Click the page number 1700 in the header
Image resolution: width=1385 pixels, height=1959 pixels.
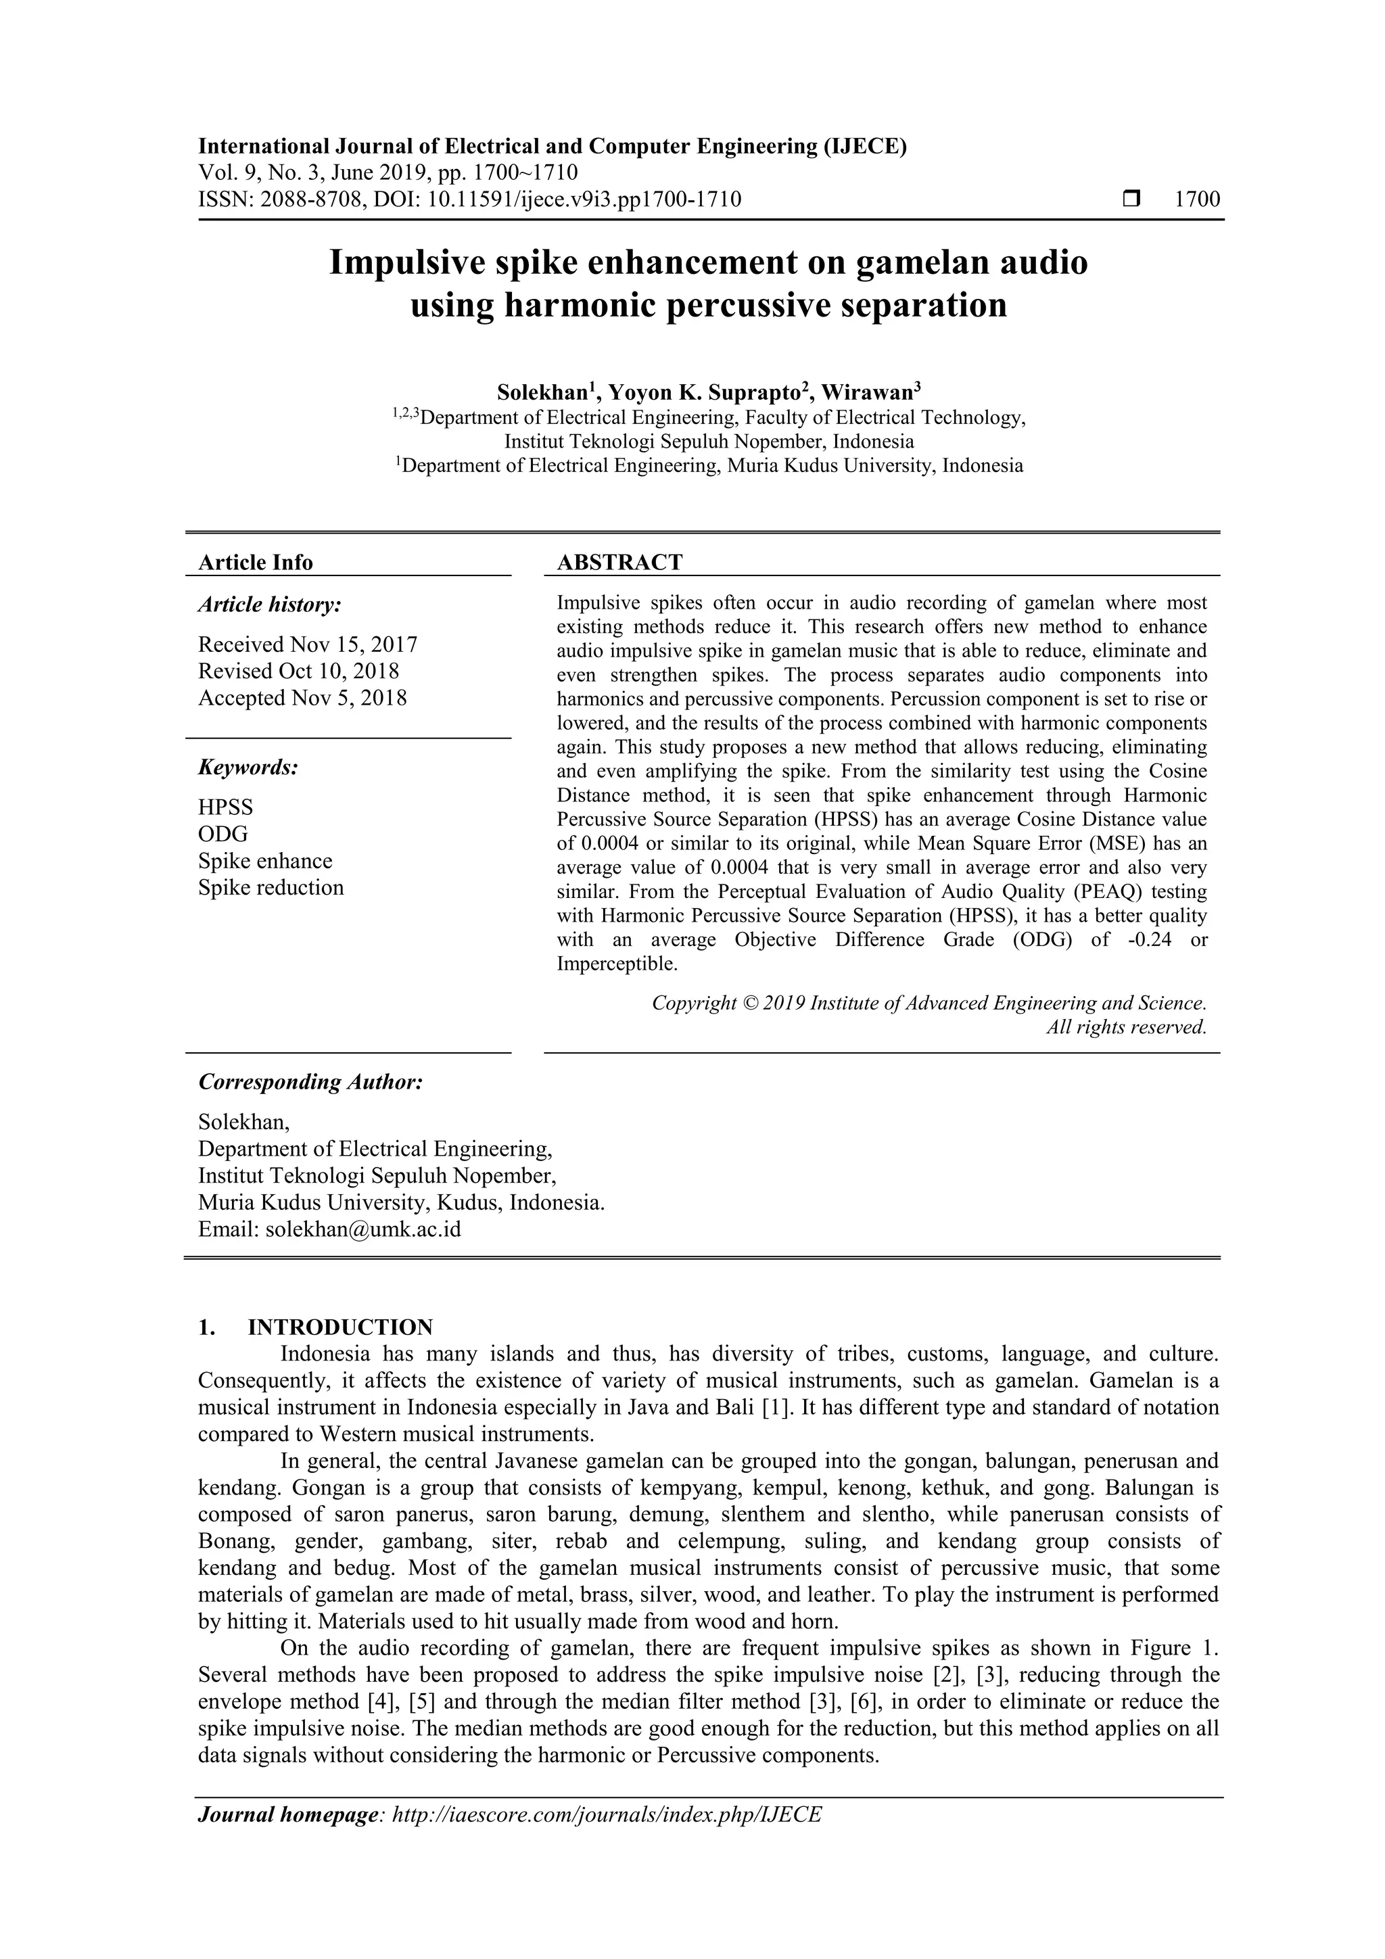click(1196, 199)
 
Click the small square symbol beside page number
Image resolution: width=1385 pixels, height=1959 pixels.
click(1131, 199)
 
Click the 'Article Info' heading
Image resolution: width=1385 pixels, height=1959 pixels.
click(255, 562)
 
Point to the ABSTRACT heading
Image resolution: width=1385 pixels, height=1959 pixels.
click(619, 562)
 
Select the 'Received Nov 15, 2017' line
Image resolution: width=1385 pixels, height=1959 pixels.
click(307, 644)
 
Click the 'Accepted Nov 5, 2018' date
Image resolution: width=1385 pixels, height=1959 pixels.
click(302, 698)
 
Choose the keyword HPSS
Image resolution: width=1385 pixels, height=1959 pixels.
click(225, 807)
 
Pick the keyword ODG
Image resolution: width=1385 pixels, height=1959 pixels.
click(222, 834)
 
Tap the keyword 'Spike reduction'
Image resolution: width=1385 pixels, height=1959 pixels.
click(271, 887)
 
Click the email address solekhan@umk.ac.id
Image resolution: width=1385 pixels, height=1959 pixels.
click(362, 1229)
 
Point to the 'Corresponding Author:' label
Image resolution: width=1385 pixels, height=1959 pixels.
click(310, 1082)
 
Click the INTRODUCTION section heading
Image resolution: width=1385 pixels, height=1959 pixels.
click(339, 1327)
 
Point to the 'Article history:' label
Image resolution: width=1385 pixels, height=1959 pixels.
click(270, 605)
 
